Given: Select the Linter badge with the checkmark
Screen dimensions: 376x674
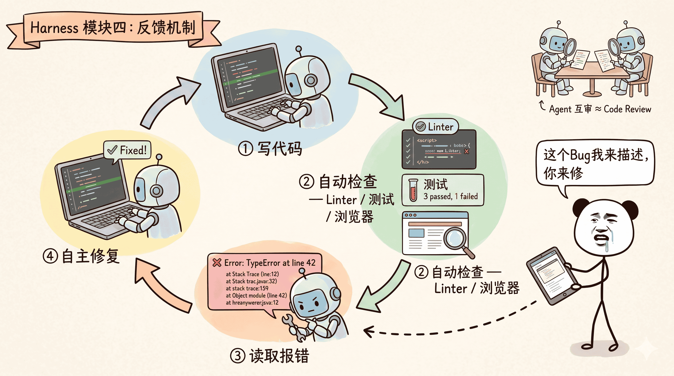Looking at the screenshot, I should [435, 127].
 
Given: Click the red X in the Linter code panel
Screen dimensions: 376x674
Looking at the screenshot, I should [466, 151].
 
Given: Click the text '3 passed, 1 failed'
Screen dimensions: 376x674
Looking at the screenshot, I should [451, 196].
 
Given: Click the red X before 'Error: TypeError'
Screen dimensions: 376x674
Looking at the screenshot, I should [217, 262].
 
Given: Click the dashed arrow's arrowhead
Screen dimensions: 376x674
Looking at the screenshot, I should [368, 331].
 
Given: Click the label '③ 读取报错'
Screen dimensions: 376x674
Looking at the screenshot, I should [269, 356].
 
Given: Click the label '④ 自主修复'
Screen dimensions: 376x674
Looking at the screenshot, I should [81, 256].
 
